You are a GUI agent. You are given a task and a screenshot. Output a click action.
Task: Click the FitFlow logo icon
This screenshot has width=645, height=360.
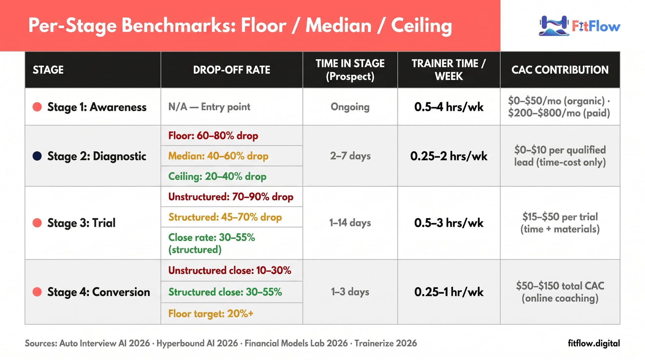(x=554, y=26)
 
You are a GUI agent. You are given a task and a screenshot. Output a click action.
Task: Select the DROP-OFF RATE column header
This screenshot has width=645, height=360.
(x=231, y=70)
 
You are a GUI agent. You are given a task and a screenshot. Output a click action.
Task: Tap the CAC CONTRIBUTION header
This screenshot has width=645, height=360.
(x=560, y=70)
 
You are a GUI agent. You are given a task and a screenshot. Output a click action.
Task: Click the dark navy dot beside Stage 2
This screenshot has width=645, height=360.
(x=37, y=156)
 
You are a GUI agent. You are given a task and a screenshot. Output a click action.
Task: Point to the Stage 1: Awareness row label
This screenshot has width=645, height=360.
(x=97, y=107)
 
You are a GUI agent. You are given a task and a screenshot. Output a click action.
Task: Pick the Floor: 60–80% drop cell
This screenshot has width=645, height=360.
(x=213, y=136)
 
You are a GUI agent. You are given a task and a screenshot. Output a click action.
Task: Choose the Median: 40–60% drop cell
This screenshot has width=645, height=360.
(x=218, y=156)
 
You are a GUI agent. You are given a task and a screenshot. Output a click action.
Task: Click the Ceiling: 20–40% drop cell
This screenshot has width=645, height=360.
(x=217, y=176)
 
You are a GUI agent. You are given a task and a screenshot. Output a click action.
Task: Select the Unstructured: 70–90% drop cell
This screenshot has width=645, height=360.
(x=231, y=196)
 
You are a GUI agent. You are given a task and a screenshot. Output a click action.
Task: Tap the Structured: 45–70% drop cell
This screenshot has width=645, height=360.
(x=225, y=217)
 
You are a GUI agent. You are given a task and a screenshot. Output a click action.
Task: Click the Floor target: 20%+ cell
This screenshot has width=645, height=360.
(x=211, y=314)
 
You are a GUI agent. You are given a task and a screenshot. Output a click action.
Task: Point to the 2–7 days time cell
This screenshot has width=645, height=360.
(x=350, y=156)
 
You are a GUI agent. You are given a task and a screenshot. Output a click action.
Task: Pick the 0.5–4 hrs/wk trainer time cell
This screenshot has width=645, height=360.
(x=449, y=107)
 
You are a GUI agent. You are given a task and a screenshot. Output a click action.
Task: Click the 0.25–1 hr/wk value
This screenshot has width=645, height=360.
(x=449, y=292)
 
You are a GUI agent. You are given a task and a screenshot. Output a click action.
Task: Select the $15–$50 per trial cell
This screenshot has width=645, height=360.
(x=560, y=223)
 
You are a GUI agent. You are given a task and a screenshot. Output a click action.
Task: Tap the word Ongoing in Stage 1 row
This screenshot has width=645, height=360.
(x=350, y=107)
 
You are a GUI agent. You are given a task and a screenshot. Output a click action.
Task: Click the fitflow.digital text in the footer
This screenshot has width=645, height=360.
(x=594, y=343)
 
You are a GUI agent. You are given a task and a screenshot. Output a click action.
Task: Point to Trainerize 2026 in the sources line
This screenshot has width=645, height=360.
(x=386, y=343)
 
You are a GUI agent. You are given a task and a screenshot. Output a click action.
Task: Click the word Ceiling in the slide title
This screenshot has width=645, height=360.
(x=422, y=26)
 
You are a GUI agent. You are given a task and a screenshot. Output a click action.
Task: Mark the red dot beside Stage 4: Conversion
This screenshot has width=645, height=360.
(x=37, y=292)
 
